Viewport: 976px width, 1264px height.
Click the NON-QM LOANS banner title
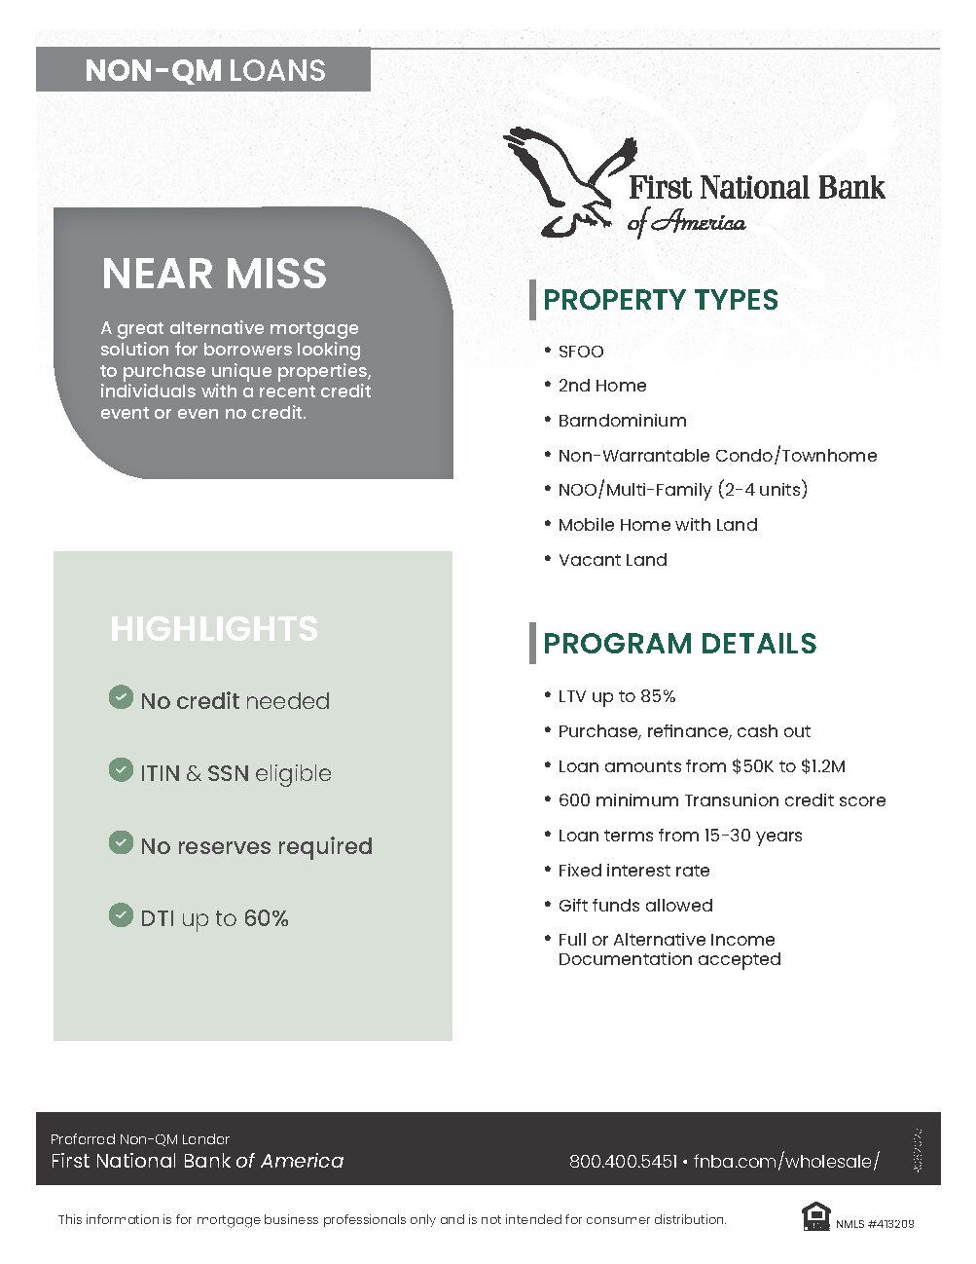click(204, 70)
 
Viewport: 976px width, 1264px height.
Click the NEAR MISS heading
click(214, 274)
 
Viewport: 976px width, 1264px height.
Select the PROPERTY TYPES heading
click(660, 300)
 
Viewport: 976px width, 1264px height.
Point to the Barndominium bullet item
click(622, 421)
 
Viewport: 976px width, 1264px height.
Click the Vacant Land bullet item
click(612, 560)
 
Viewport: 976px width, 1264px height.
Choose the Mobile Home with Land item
click(657, 525)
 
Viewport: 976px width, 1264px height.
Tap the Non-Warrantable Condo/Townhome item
click(717, 456)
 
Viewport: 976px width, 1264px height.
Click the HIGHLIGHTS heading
click(214, 629)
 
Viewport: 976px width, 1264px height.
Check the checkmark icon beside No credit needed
click(121, 697)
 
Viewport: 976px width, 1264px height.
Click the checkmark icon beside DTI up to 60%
click(121, 915)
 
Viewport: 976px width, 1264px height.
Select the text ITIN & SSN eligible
click(235, 773)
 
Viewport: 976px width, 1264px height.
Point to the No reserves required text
click(256, 846)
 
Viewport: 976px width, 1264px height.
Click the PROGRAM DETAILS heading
click(679, 644)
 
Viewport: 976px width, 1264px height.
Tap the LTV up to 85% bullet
click(616, 696)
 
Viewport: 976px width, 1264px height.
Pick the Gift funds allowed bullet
click(634, 906)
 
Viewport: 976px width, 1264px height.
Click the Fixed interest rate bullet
click(633, 871)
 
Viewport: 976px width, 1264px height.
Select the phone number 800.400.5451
click(623, 1161)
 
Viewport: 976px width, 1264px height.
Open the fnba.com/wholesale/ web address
click(786, 1161)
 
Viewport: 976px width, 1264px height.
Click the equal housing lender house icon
click(813, 1216)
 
